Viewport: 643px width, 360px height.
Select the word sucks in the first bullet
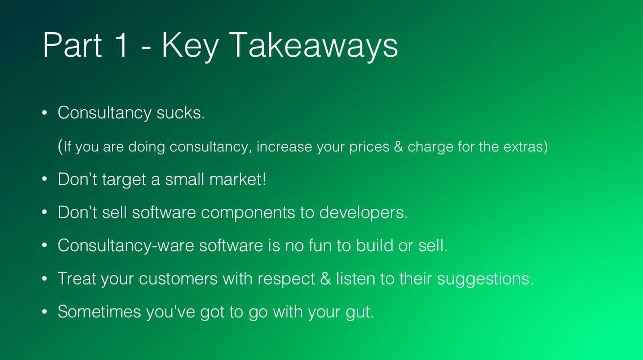(180, 113)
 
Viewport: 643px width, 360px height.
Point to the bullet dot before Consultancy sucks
(45, 113)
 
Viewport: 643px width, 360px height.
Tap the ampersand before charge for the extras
(398, 147)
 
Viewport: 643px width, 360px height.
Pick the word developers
(363, 213)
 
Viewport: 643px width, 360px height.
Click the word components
(248, 213)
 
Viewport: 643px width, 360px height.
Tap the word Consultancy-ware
(126, 246)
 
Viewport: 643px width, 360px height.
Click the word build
(374, 245)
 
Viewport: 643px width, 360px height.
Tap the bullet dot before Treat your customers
(45, 278)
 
